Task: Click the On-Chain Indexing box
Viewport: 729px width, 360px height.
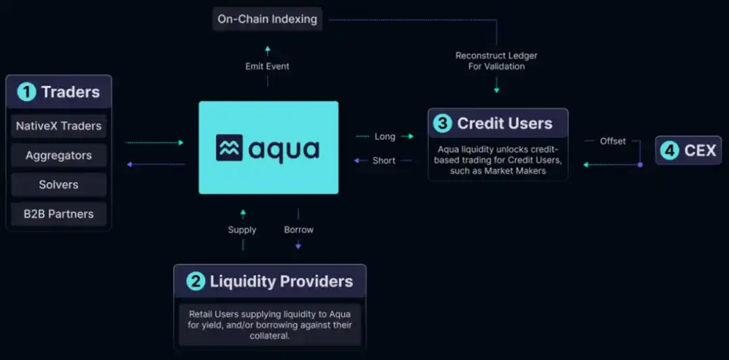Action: (267, 19)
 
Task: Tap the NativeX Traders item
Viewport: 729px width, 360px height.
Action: (59, 126)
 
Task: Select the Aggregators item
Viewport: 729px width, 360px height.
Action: (59, 155)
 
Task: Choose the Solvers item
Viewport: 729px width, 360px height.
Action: (59, 184)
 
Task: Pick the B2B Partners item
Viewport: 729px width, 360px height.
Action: (59, 214)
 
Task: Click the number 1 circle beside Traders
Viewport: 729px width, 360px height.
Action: (26, 92)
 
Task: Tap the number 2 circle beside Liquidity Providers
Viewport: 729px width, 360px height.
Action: (195, 281)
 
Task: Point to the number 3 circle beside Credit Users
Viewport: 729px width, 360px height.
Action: (443, 124)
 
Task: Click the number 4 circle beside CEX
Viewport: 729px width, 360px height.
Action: (669, 150)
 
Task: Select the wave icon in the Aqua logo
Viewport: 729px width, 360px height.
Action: (229, 148)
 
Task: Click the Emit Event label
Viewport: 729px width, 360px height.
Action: (267, 66)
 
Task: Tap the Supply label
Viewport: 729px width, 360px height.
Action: (242, 230)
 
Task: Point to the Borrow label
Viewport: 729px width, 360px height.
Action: (298, 230)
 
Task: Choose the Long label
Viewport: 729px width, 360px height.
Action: (385, 136)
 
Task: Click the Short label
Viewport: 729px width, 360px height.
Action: (384, 161)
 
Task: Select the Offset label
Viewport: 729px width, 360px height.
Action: (613, 141)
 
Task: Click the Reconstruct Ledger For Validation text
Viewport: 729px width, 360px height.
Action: (496, 61)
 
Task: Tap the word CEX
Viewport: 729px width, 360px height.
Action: (699, 150)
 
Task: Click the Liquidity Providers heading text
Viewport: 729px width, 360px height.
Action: (281, 281)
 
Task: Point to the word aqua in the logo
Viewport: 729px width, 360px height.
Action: (283, 149)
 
